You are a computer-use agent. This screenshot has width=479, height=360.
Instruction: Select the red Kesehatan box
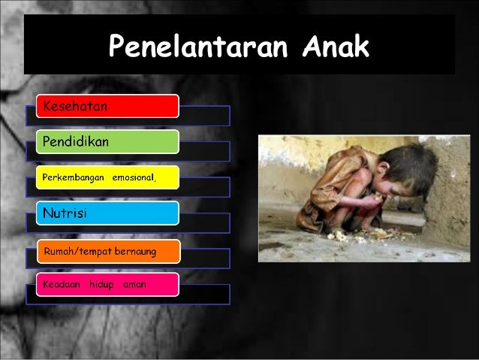107,107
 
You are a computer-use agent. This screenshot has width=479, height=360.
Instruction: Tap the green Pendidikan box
107,142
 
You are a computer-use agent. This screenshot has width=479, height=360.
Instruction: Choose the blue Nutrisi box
107,213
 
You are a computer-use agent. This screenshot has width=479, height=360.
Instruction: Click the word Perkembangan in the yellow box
74,177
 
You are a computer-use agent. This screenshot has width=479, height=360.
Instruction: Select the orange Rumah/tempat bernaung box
107,251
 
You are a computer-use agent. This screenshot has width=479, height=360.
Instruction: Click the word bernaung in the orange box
134,251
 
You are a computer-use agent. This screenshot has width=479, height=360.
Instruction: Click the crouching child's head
402,167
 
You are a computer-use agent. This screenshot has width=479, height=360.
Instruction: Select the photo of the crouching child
363,198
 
